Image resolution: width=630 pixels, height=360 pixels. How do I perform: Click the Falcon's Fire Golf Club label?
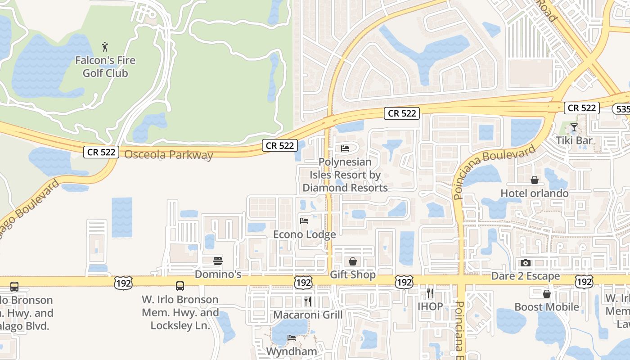click(x=105, y=67)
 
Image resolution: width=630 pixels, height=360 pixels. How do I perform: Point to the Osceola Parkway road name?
click(x=168, y=155)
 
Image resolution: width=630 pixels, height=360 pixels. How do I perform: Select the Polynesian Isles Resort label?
click(x=345, y=175)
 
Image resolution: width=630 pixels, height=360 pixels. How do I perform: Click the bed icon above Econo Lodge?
click(x=305, y=220)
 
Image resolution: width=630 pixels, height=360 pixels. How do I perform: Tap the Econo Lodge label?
click(x=305, y=234)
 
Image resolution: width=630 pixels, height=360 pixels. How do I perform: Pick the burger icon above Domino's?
click(x=218, y=261)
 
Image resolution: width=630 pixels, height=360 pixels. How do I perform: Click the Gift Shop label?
click(x=353, y=274)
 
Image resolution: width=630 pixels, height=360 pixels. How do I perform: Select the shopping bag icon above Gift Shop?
click(x=353, y=261)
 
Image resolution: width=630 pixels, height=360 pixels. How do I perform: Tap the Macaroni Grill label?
click(x=308, y=315)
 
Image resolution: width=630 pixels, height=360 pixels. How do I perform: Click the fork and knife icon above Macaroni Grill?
click(x=308, y=301)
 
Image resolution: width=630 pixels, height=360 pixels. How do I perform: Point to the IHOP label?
click(x=430, y=306)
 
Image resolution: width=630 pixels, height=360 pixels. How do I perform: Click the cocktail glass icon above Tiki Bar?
click(x=574, y=127)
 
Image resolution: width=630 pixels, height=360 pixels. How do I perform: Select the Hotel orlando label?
click(x=535, y=193)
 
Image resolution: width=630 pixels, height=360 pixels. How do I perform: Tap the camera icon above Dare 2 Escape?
click(x=526, y=263)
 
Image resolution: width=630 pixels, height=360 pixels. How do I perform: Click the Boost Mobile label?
click(x=547, y=307)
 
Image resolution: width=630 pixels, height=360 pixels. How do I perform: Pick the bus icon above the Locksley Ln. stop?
click(x=180, y=286)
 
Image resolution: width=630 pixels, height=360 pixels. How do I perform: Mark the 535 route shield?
click(x=622, y=109)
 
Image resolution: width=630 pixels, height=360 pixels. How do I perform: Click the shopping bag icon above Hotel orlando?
click(x=535, y=180)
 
